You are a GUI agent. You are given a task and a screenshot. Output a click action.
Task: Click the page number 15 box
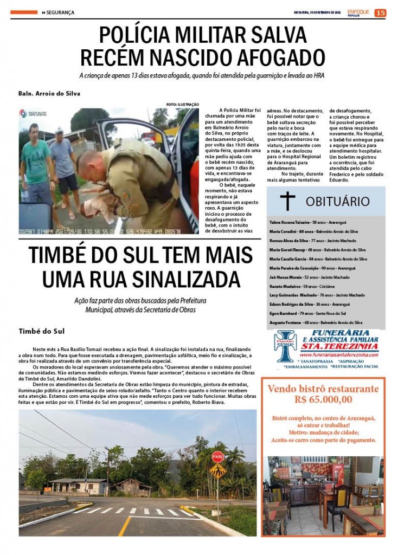click(380, 12)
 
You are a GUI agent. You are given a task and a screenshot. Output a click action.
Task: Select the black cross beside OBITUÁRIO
click(287, 201)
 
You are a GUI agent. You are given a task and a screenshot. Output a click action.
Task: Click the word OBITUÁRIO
click(337, 202)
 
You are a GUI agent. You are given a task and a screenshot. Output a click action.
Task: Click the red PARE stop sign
click(217, 456)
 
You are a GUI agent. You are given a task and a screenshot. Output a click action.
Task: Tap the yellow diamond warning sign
click(217, 470)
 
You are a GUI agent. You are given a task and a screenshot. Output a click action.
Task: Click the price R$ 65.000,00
click(323, 400)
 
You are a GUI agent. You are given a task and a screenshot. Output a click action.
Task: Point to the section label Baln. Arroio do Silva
click(49, 93)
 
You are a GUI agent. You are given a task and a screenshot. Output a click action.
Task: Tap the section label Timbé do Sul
click(42, 331)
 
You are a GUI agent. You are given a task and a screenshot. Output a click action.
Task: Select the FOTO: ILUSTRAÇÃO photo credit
click(183, 104)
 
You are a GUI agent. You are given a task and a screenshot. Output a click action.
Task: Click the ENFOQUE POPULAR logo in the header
click(358, 12)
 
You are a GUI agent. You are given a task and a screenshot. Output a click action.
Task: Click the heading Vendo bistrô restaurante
click(323, 389)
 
